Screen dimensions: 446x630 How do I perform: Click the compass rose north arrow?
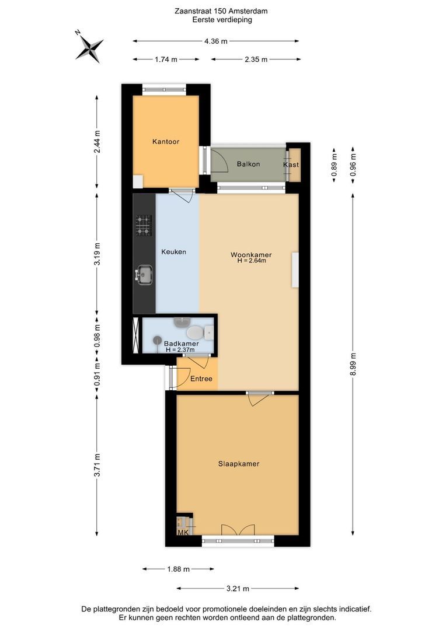pyautogui.click(x=90, y=47)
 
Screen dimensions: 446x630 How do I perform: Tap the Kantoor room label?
pyautogui.click(x=166, y=141)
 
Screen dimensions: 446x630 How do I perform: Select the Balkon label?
pyautogui.click(x=248, y=164)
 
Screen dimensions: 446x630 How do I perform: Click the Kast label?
pyautogui.click(x=291, y=164)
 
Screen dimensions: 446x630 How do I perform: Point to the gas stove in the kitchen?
pyautogui.click(x=143, y=225)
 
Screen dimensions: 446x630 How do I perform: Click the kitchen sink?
pyautogui.click(x=144, y=275)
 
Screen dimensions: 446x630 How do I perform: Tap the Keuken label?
pyautogui.click(x=174, y=252)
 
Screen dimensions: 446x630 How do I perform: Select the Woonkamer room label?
pyautogui.click(x=251, y=255)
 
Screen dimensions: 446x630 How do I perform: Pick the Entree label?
pyautogui.click(x=201, y=379)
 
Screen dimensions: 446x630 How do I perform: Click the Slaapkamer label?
pyautogui.click(x=239, y=464)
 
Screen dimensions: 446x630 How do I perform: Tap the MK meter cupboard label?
pyautogui.click(x=183, y=533)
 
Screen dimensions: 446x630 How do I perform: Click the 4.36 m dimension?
pyautogui.click(x=216, y=41)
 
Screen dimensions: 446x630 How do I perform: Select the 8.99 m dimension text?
pyautogui.click(x=353, y=364)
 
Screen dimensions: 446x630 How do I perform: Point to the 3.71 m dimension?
pyautogui.click(x=96, y=466)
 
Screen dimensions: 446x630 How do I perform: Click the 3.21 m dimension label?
pyautogui.click(x=238, y=589)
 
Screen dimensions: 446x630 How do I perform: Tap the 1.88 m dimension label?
pyautogui.click(x=178, y=569)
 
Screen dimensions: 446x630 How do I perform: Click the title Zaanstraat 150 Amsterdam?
pyautogui.click(x=221, y=11)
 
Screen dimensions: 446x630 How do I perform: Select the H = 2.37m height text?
pyautogui.click(x=180, y=350)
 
